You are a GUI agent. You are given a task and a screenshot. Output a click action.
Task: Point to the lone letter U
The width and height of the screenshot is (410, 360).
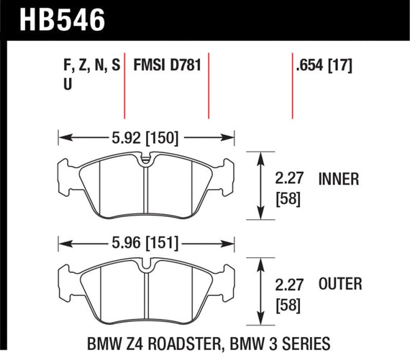68,85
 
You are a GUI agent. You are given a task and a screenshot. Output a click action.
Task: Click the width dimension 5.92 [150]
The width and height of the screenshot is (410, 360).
146,134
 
